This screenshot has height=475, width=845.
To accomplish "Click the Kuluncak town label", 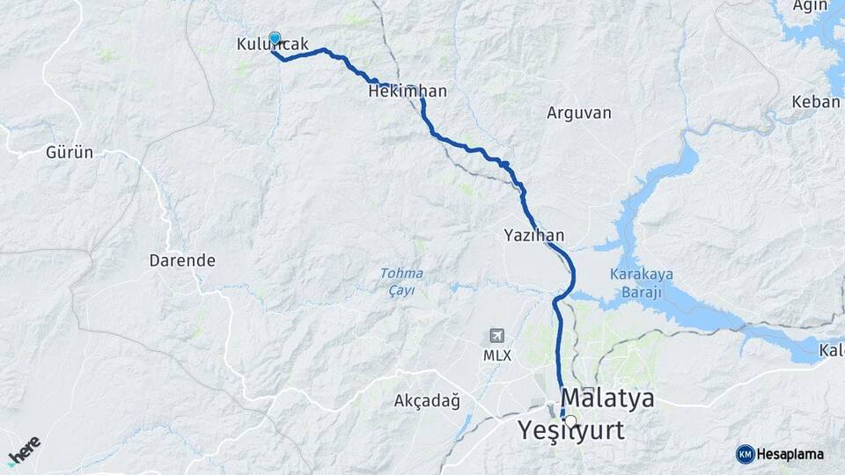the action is click(x=273, y=44).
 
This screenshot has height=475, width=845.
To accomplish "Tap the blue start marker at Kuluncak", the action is click(x=275, y=38).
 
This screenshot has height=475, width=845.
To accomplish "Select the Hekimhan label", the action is click(x=408, y=91).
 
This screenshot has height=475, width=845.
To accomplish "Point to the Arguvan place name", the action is click(x=578, y=113).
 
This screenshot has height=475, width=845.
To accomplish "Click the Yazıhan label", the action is click(x=533, y=235).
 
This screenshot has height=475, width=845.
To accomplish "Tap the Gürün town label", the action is click(x=70, y=152).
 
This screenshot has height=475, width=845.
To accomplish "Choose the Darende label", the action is click(x=182, y=260).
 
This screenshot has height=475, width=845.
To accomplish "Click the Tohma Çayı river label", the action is click(x=401, y=281).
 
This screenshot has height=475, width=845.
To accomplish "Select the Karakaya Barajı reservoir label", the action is click(x=641, y=282).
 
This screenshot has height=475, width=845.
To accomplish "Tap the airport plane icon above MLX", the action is click(x=497, y=336).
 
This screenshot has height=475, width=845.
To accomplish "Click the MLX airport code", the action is click(x=496, y=356).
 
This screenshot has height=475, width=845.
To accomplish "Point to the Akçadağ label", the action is click(x=427, y=401).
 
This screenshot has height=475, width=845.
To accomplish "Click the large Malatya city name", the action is click(x=607, y=398).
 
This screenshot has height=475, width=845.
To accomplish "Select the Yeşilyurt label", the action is click(x=571, y=431).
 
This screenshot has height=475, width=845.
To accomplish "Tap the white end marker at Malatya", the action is click(x=570, y=421).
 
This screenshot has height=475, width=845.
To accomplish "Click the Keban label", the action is click(x=815, y=102).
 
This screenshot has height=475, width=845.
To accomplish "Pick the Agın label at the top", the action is click(x=810, y=6).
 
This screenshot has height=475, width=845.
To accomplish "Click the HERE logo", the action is click(x=24, y=448).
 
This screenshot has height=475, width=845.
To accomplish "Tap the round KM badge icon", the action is click(x=745, y=454).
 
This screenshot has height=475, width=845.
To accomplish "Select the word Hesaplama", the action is click(x=790, y=454).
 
